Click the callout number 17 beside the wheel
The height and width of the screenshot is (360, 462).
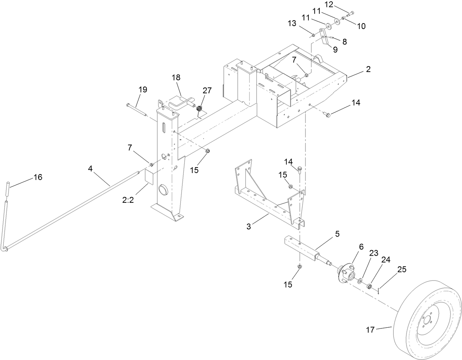coord(370,330)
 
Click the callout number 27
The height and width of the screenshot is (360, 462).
coord(207,91)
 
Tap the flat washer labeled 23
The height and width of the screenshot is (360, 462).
coord(361,281)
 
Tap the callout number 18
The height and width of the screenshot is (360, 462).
coord(176,78)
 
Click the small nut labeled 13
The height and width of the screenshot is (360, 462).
coord(313,35)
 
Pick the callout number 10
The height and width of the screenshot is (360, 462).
coord(361,26)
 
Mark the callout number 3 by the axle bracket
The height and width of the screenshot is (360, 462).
coord(249,227)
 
